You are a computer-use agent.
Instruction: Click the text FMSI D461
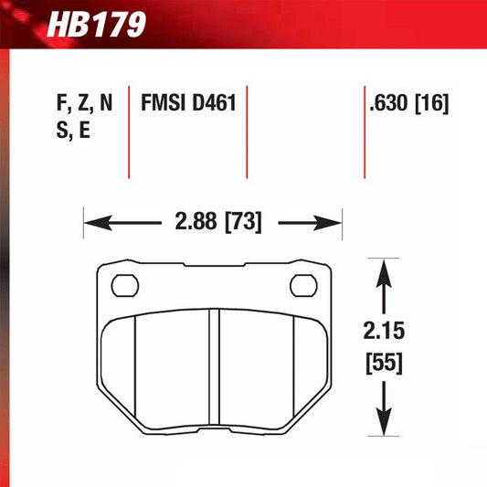[188, 103]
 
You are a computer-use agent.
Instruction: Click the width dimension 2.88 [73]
[212, 222]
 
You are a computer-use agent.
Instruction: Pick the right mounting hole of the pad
[302, 286]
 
